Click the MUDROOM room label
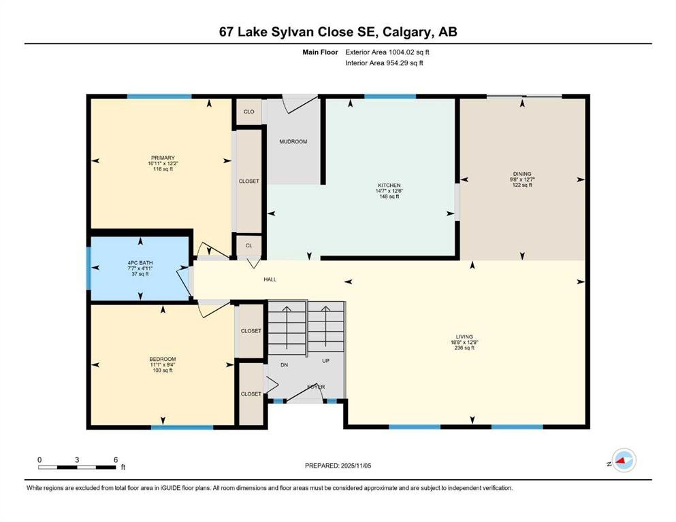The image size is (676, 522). point(293,141)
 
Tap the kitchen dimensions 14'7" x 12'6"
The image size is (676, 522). point(389,190)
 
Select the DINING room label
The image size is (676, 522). point(522,174)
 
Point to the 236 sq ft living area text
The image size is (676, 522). point(464,348)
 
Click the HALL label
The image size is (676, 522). point(270,280)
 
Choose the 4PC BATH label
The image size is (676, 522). point(140,263)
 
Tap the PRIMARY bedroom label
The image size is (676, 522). point(163,158)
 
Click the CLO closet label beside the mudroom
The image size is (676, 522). point(249,112)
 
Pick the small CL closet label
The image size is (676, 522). point(248,246)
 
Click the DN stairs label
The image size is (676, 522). point(284,365)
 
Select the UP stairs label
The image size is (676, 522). point(325,361)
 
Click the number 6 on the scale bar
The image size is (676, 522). point(116,459)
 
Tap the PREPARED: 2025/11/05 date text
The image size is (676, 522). point(338,466)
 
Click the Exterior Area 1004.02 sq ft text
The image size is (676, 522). point(387,52)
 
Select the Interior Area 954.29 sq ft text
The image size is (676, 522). point(384,63)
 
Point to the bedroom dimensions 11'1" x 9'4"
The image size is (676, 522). point(163,365)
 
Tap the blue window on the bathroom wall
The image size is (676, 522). point(88,268)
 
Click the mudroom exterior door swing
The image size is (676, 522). point(300,104)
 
